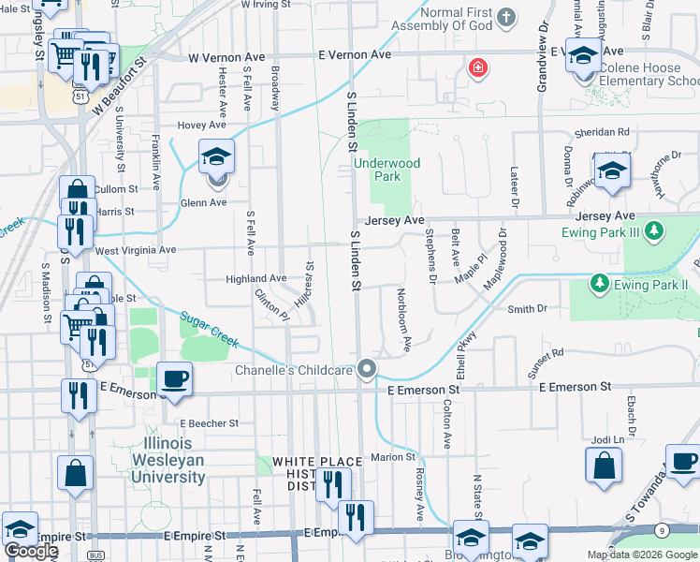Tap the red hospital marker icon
point(478,68)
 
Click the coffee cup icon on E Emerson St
point(175,377)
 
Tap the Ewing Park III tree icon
point(655,229)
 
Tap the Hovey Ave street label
point(205,125)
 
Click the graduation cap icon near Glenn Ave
point(217,158)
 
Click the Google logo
point(31,551)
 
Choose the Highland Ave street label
point(255,278)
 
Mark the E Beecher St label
point(210,423)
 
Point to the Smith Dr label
point(527,308)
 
